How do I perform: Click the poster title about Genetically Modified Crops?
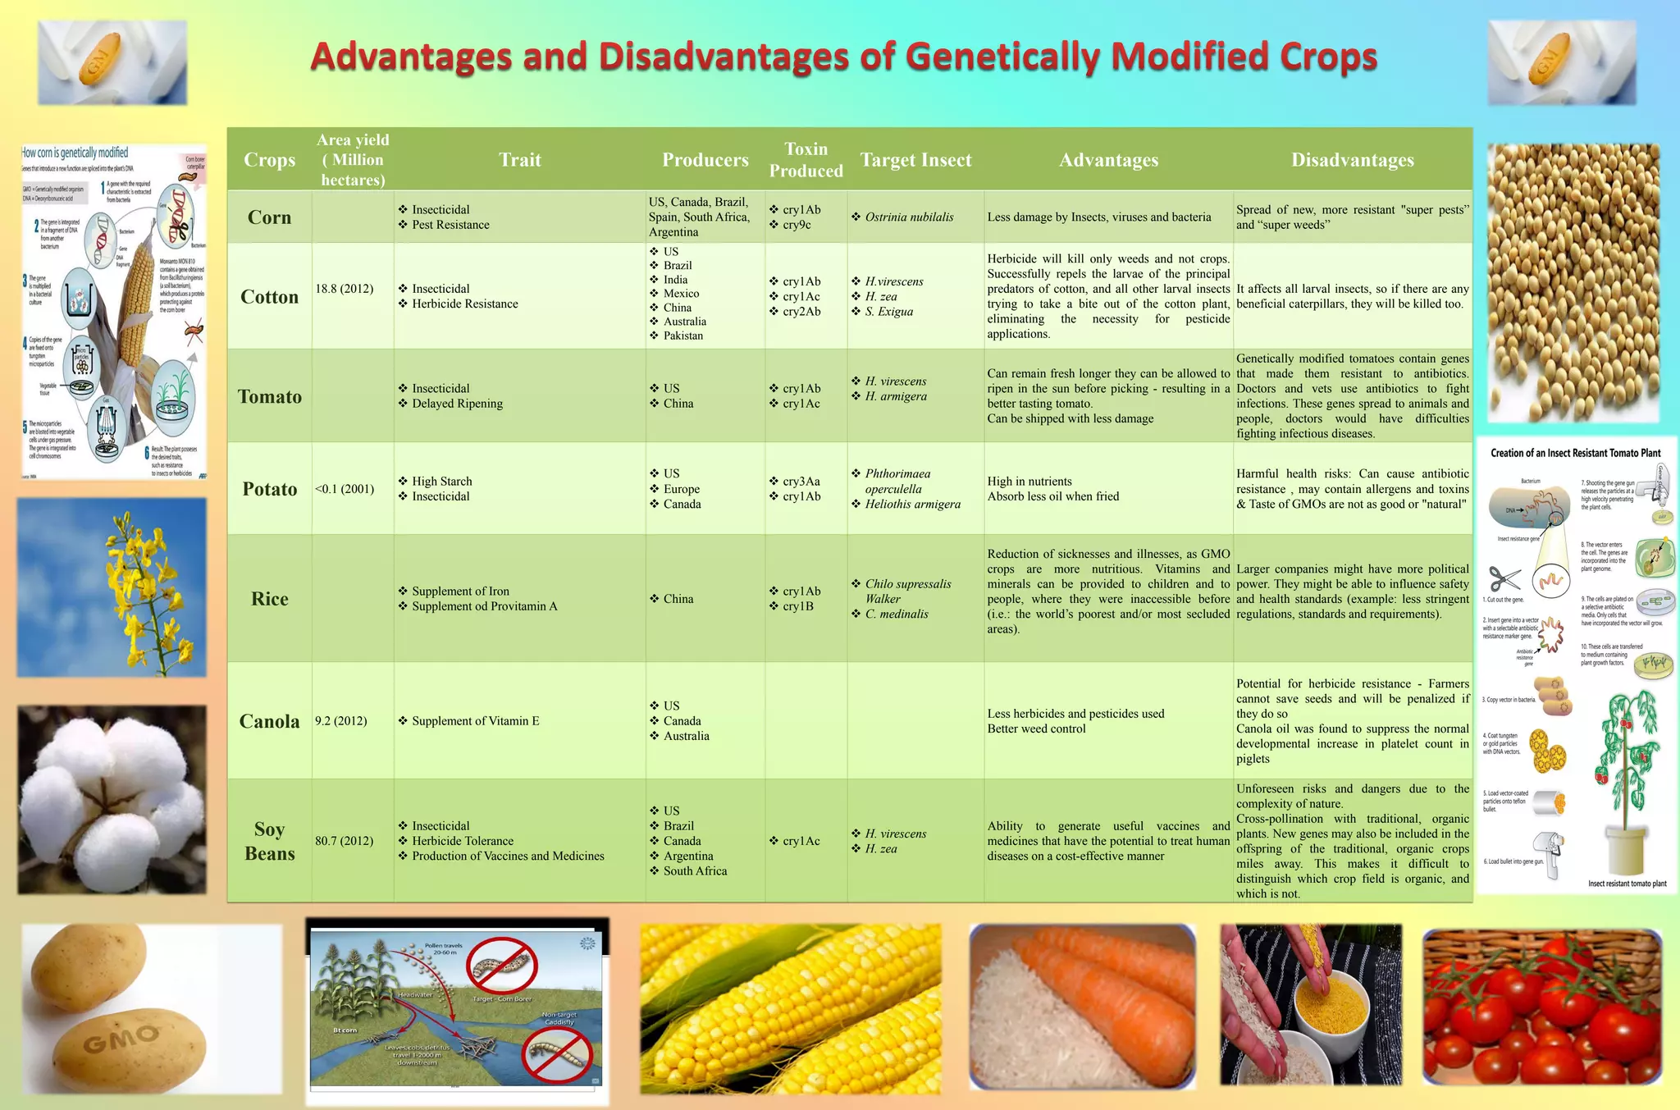click(843, 57)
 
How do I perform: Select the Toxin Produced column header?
click(806, 160)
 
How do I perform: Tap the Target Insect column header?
click(915, 160)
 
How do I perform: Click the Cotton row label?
click(269, 297)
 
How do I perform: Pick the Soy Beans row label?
click(269, 841)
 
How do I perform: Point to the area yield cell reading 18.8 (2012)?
click(344, 289)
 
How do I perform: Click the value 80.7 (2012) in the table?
click(344, 841)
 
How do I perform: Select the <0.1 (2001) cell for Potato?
click(344, 489)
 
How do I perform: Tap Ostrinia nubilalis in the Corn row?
click(909, 217)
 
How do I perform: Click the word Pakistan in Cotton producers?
click(682, 336)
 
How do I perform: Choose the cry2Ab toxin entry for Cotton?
click(801, 312)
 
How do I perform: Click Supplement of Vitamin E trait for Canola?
click(475, 721)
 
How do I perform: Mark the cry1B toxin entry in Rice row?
click(797, 606)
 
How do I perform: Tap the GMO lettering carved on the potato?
click(121, 1039)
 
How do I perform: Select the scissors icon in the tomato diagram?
click(1504, 579)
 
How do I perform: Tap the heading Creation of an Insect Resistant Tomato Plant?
click(1575, 453)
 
